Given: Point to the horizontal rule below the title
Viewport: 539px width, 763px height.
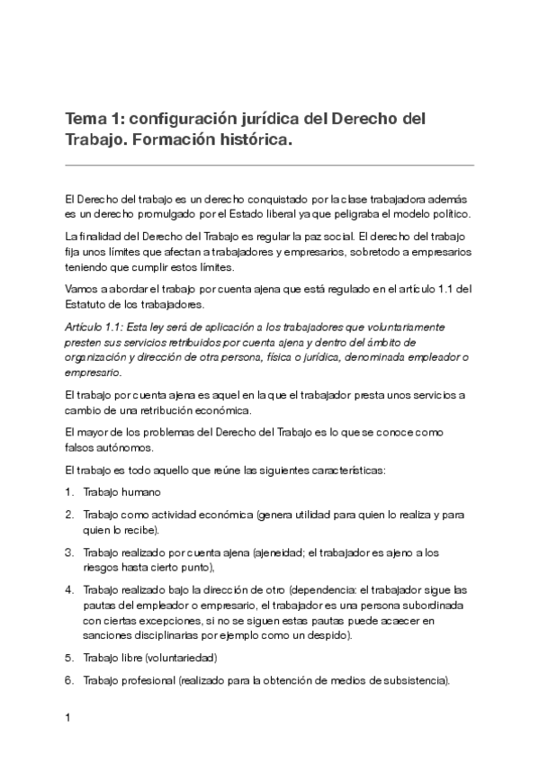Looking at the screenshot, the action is coord(269,165).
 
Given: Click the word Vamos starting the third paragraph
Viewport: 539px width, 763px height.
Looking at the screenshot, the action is coord(82,289).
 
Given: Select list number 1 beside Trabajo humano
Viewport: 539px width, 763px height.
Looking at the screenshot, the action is coord(68,492).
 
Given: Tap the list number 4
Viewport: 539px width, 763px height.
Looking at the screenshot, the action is coord(68,590).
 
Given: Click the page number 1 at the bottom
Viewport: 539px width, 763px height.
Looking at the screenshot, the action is coord(68,718).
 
